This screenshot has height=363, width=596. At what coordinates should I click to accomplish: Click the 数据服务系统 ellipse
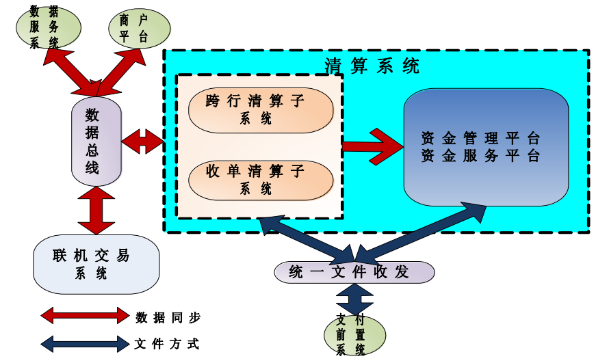48,28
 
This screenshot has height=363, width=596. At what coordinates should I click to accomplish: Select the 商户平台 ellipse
140,28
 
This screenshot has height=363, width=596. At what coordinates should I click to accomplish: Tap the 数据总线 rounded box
96,142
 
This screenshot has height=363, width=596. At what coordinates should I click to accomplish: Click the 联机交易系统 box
96,265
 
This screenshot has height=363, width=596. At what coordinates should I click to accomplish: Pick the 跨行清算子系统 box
260,110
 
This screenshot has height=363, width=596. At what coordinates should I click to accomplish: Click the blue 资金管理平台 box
486,147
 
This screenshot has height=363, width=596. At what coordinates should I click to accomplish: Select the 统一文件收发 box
354,272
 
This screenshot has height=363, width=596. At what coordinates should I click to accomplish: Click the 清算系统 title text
372,66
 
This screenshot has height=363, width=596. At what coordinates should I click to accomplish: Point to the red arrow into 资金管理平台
373,146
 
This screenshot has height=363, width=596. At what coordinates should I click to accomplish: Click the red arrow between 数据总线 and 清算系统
142,142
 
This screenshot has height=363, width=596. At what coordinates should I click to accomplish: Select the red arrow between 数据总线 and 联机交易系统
96,211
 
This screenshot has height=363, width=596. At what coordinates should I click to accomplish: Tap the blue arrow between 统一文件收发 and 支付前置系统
354,299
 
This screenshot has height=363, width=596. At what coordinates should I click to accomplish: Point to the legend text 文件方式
168,344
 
